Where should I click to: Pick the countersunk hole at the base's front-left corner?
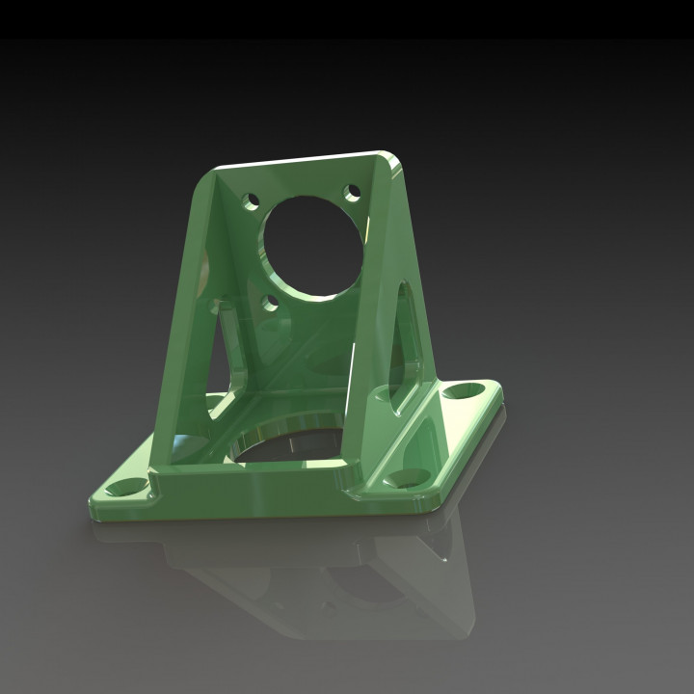(124, 487)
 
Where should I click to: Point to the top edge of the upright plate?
(299, 160)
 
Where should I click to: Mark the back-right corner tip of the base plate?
(499, 386)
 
